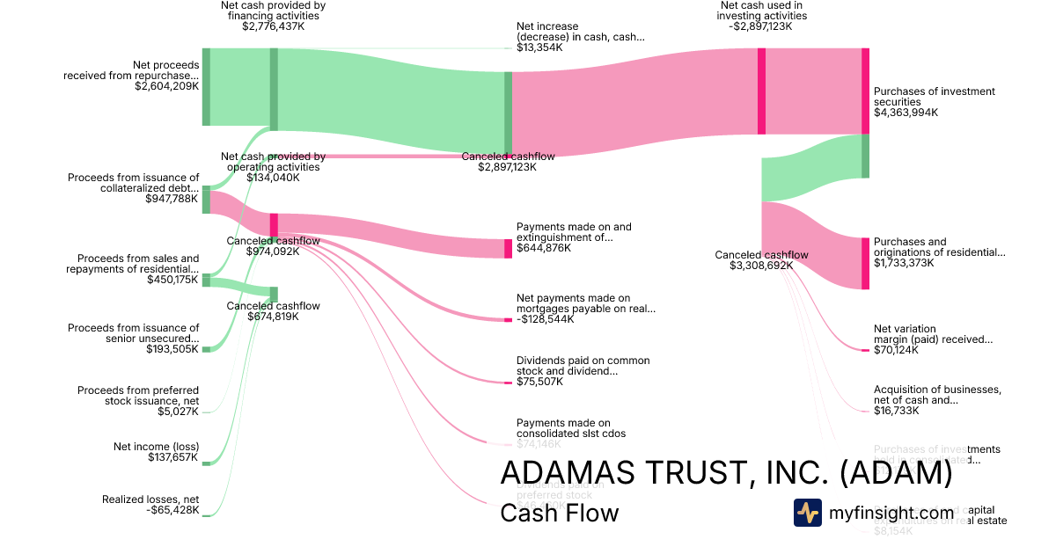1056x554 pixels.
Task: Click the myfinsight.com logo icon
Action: pyautogui.click(x=808, y=513)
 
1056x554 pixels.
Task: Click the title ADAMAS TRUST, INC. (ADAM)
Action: pyautogui.click(x=725, y=473)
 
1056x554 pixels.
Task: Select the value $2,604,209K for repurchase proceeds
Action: pyautogui.click(x=166, y=86)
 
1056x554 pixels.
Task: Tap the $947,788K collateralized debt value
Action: pyautogui.click(x=172, y=199)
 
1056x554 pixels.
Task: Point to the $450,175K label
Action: pyautogui.click(x=173, y=280)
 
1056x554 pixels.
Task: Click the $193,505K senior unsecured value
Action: pyautogui.click(x=172, y=349)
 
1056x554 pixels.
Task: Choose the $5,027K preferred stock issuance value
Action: pyautogui.click(x=180, y=412)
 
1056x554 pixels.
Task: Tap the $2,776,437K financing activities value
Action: pyautogui.click(x=273, y=26)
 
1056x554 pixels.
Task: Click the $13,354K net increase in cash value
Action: pyautogui.click(x=539, y=47)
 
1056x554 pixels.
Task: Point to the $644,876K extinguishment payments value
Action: pyautogui.click(x=543, y=248)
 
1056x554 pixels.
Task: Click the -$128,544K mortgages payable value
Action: pyautogui.click(x=545, y=319)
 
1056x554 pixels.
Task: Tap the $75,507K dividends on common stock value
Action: pyautogui.click(x=540, y=382)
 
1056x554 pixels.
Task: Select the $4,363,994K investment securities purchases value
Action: pyautogui.click(x=906, y=113)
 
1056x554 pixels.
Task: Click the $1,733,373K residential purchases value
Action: pyautogui.click(x=904, y=263)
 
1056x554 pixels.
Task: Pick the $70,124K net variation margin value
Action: pyautogui.click(x=896, y=350)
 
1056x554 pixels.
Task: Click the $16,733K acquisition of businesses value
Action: pyautogui.click(x=896, y=411)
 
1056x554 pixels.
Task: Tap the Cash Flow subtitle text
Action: pyautogui.click(x=559, y=513)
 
